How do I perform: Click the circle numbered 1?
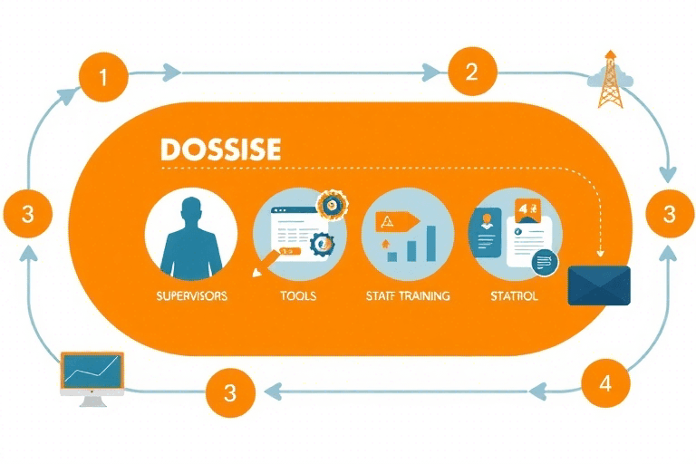point(102,76)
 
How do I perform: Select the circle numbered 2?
point(471,72)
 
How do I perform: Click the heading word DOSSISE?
point(219,150)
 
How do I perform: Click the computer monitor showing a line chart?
point(92,374)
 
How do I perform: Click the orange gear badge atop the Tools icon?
point(330,206)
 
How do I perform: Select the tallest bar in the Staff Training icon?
point(430,242)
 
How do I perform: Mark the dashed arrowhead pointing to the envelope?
point(599,256)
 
